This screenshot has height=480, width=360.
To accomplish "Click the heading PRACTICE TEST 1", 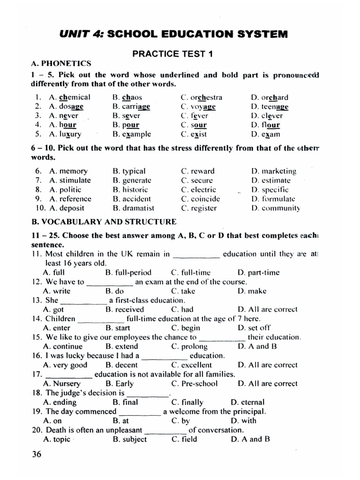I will pyautogui.click(x=172, y=54).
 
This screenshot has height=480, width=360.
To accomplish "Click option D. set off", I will pyautogui.click(x=254, y=328).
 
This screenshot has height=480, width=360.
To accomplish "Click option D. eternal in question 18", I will pyautogui.click(x=247, y=402).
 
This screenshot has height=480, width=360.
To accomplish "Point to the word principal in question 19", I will pyautogui.click(x=250, y=412).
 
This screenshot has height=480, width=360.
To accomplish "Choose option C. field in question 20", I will pyautogui.click(x=184, y=439).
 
